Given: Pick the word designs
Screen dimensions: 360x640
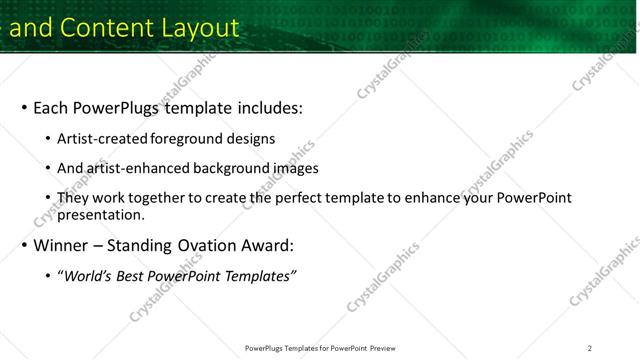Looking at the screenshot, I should (250, 139).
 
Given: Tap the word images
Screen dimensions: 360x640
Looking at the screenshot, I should (295, 168).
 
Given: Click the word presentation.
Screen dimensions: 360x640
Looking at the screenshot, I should (101, 214).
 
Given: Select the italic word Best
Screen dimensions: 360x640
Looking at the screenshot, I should (137, 276).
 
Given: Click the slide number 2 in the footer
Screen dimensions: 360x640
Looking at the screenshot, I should (590, 348).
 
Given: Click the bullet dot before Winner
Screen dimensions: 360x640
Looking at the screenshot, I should (23, 246).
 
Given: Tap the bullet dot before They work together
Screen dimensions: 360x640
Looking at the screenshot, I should (48, 198).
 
